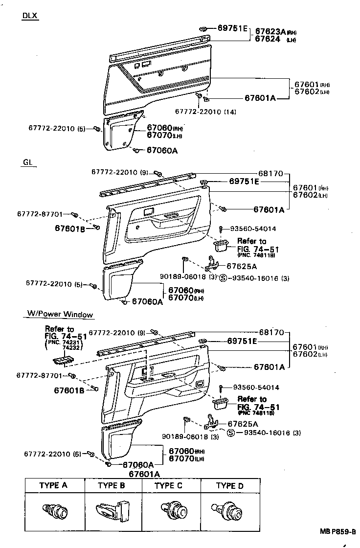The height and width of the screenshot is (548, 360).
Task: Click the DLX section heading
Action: pos(30,16)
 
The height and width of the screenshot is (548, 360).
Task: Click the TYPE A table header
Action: pos(54,485)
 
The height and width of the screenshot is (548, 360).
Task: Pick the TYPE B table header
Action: pos(112,485)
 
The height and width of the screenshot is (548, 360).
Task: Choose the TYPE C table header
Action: pos(168,485)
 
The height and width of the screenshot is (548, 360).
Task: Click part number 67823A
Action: pos(270,30)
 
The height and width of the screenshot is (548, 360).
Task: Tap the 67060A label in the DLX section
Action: pos(162,150)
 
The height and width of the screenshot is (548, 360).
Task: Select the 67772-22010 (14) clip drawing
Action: pos(199,95)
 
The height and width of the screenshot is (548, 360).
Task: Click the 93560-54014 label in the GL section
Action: pos(253,228)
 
